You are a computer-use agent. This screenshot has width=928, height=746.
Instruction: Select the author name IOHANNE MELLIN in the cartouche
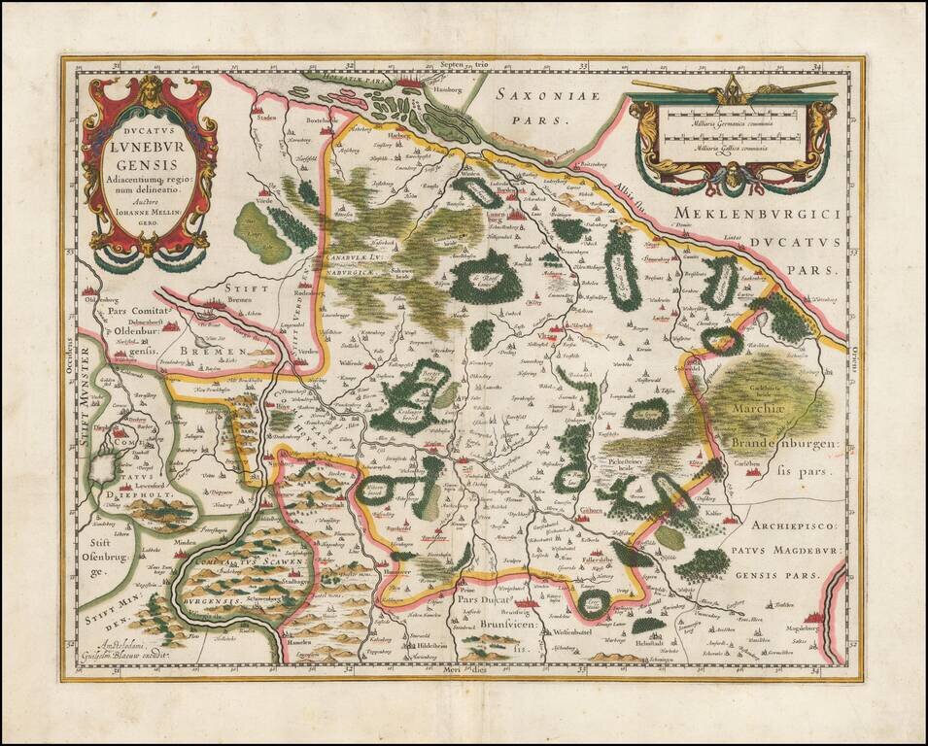click(149, 204)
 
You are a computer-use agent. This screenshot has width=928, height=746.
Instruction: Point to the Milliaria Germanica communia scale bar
click(731, 123)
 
